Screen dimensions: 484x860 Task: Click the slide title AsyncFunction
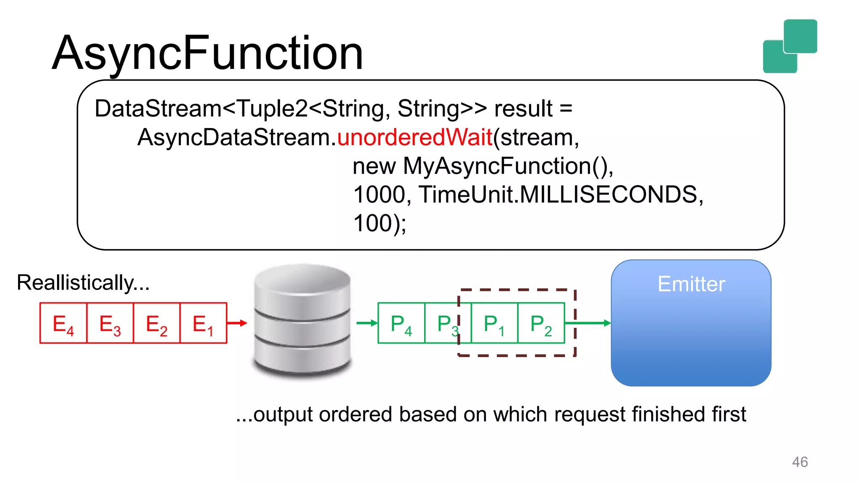point(207,53)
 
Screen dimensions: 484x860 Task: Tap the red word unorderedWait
point(414,137)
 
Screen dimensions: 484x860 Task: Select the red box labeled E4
point(63,323)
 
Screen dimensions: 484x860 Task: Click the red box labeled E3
point(110,323)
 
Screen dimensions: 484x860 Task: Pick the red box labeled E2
point(157,323)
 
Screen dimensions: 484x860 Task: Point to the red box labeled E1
point(203,323)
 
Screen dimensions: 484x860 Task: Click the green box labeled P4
point(401,323)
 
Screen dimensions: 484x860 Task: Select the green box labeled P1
point(494,323)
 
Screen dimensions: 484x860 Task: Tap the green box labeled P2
point(541,323)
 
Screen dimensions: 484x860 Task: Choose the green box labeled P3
point(442,323)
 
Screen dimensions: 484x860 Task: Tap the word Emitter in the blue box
point(691,284)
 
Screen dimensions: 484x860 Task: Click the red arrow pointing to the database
point(237,323)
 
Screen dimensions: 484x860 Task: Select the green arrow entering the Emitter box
point(592,323)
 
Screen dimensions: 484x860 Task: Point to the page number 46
point(800,462)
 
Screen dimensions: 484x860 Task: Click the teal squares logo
point(790,46)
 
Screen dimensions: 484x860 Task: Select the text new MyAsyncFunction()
point(483,166)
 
